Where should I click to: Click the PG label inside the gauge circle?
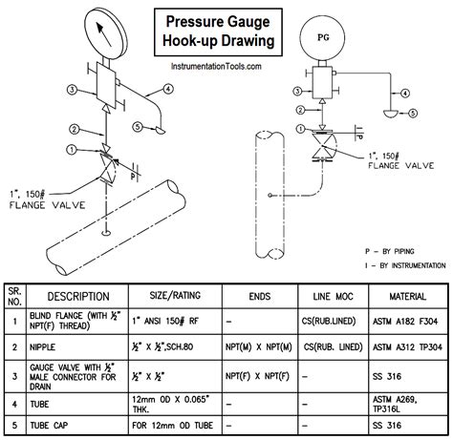click(323, 37)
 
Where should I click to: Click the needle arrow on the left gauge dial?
click(104, 34)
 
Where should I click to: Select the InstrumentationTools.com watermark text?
click(216, 66)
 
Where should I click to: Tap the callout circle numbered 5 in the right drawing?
click(413, 113)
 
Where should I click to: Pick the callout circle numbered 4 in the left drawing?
click(168, 89)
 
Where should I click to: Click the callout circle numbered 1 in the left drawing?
click(73, 149)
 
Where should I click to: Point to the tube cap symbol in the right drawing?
click(390, 113)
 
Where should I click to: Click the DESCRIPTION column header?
click(78, 297)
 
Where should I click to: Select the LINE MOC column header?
click(333, 297)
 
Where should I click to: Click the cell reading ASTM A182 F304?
click(405, 322)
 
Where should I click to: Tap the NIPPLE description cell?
click(42, 346)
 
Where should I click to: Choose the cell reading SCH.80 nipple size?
click(162, 346)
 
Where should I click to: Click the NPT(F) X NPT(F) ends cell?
click(257, 376)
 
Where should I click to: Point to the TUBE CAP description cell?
click(49, 426)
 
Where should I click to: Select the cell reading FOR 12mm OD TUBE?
click(173, 426)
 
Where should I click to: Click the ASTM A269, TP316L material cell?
click(395, 404)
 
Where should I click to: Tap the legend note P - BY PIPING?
click(389, 251)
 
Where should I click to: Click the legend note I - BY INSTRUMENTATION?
click(405, 265)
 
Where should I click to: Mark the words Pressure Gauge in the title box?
click(218, 22)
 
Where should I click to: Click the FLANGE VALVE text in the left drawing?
click(48, 205)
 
